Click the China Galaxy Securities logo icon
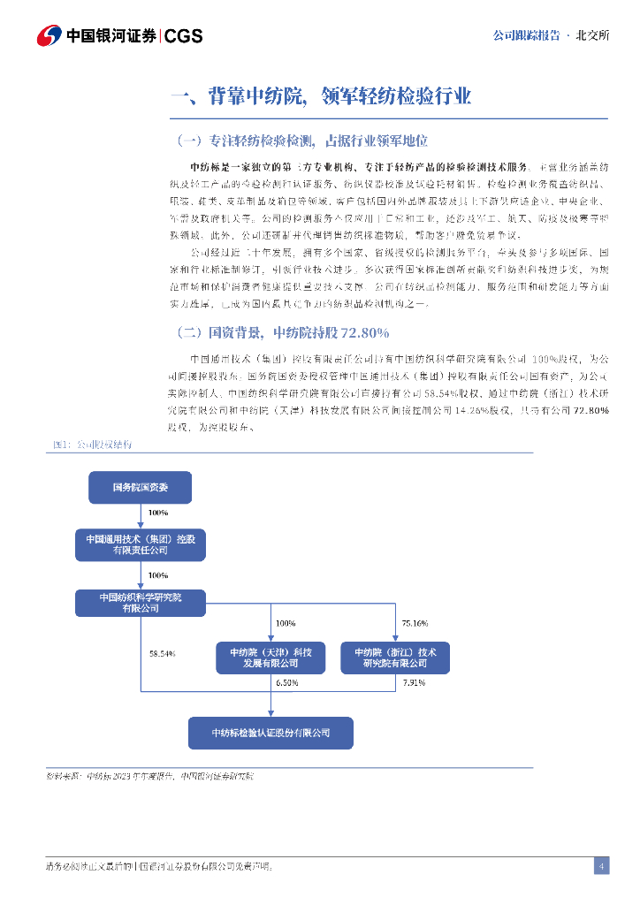tap(49, 35)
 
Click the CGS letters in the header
tap(184, 36)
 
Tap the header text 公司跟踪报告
tap(525, 35)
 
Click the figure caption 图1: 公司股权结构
tap(90, 445)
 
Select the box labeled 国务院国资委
tap(140, 487)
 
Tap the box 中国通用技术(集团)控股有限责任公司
tap(140, 544)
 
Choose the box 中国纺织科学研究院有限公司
tap(140, 603)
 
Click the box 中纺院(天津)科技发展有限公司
tap(270, 657)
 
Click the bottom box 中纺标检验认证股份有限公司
tap(270, 733)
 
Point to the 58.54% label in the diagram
tap(163, 653)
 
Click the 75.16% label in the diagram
tap(415, 623)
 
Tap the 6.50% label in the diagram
tap(287, 682)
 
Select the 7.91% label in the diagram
tap(414, 682)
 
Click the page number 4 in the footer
tap(601, 865)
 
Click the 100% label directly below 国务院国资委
tap(158, 513)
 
